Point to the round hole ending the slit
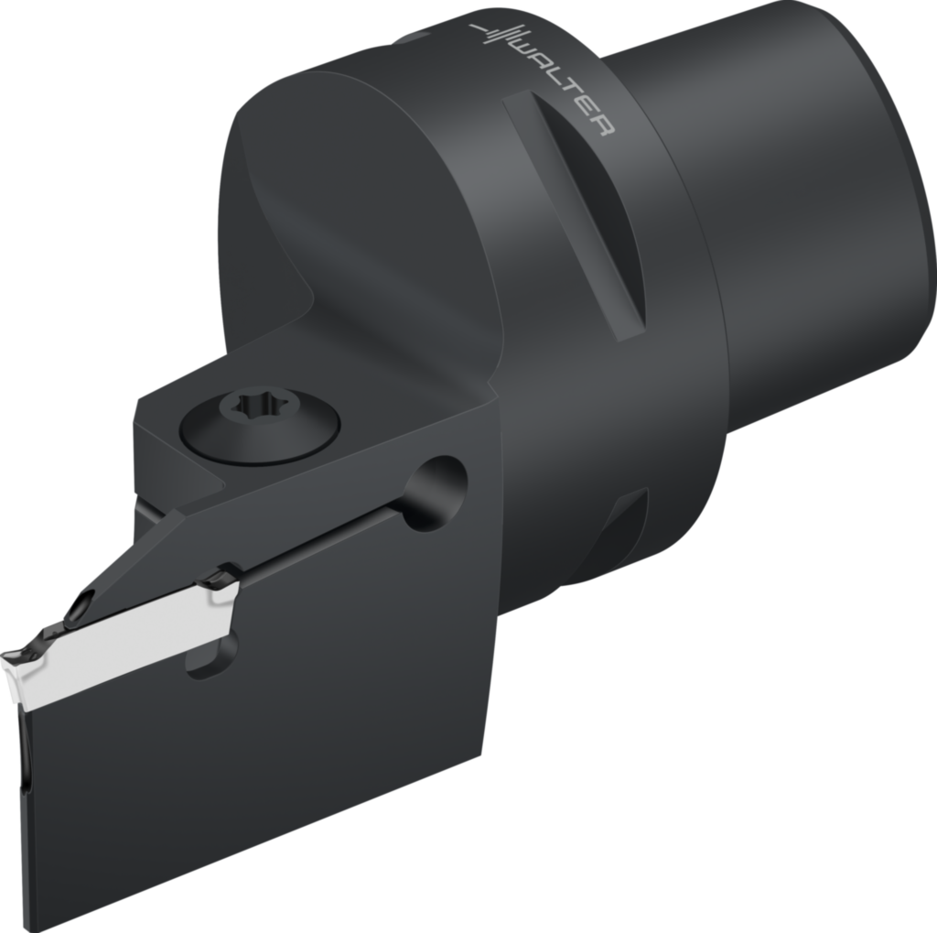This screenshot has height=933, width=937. tap(436, 492)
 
